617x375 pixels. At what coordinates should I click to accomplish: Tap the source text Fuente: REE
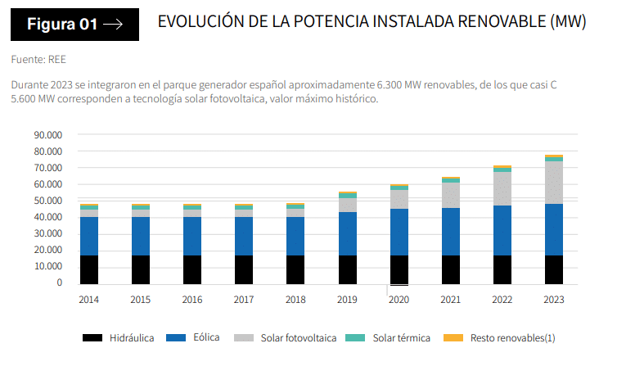coord(38,60)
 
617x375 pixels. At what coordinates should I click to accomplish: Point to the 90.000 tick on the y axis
coord(48,135)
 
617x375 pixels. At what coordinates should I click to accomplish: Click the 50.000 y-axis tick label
coord(48,201)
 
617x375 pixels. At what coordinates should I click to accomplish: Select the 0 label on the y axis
coord(60,283)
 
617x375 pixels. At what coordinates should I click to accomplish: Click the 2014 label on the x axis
coord(89,300)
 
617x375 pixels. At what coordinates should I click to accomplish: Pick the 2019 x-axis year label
coord(347,300)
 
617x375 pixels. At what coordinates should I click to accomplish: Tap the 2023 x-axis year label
coord(553,300)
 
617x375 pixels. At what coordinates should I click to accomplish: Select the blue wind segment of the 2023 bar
coord(553,229)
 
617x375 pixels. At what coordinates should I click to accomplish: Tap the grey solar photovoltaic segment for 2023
coord(553,182)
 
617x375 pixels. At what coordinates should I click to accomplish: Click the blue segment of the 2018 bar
coord(295,236)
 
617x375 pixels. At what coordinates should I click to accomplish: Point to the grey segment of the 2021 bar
coord(450,195)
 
